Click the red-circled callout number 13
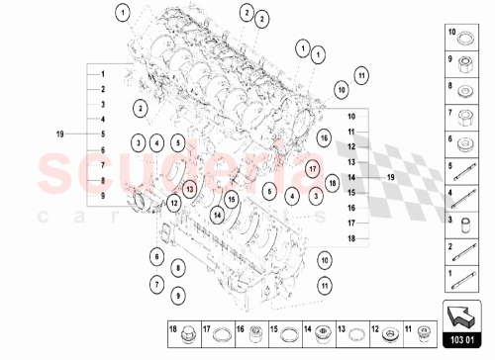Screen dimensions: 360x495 tap(190, 185)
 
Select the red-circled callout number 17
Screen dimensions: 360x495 tap(311, 168)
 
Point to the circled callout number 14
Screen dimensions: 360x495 tap(217, 214)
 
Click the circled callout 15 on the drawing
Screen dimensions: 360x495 tap(231, 199)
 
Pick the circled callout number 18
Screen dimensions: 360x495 tap(333, 183)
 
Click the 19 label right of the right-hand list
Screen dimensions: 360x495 tap(389, 176)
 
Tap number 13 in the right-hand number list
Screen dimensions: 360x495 tap(350, 161)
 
